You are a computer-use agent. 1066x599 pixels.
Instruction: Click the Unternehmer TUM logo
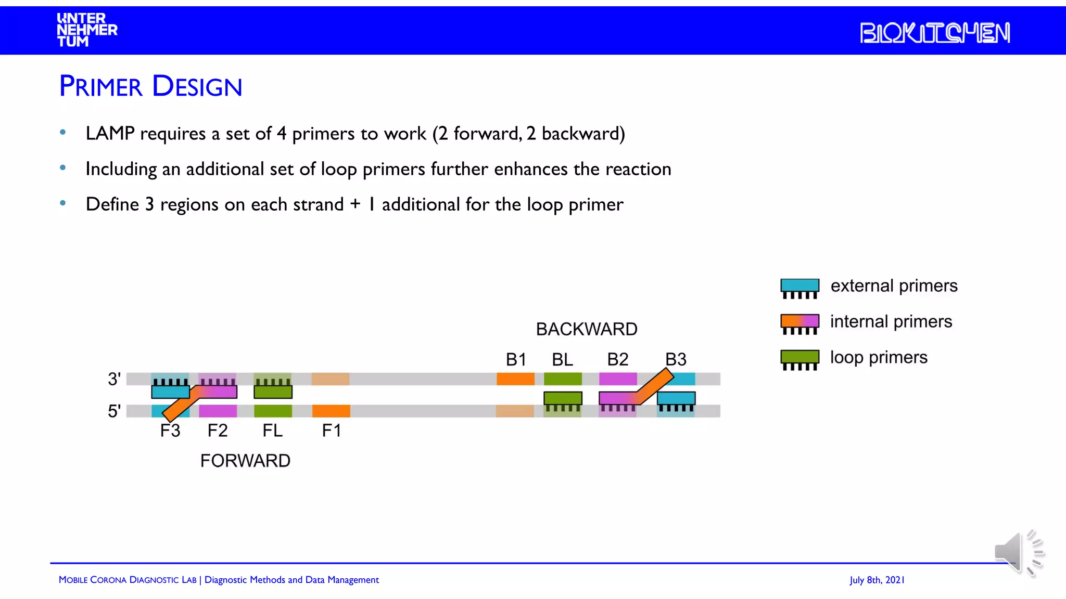click(x=86, y=30)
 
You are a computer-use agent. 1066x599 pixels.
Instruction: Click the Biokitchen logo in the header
click(x=934, y=33)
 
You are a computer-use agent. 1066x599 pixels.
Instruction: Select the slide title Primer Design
click(x=150, y=86)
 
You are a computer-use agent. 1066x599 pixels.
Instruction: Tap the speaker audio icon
click(x=1018, y=553)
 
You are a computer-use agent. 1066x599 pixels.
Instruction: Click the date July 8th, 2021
click(x=877, y=580)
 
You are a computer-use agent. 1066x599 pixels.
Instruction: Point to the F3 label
click(x=170, y=431)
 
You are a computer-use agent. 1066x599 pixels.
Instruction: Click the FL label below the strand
click(x=273, y=431)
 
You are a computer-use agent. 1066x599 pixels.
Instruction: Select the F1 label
click(x=332, y=431)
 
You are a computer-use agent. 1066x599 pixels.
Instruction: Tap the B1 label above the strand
click(x=516, y=359)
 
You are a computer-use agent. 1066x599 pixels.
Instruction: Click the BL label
click(x=562, y=359)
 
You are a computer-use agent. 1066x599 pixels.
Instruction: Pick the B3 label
click(x=676, y=359)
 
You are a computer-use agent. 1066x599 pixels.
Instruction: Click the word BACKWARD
click(x=587, y=329)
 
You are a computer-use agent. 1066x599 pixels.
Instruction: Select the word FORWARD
click(x=245, y=461)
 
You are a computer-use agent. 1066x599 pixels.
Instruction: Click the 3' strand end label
click(x=115, y=379)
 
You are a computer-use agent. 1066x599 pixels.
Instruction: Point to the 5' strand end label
click(x=115, y=411)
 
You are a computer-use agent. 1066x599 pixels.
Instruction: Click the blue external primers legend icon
click(x=799, y=288)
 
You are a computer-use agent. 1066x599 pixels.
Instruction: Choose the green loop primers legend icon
click(x=799, y=359)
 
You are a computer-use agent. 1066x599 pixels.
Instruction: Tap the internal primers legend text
click(x=891, y=322)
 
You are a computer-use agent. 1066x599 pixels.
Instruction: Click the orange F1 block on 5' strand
click(x=331, y=411)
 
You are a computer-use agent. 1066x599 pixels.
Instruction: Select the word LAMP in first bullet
click(x=110, y=134)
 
